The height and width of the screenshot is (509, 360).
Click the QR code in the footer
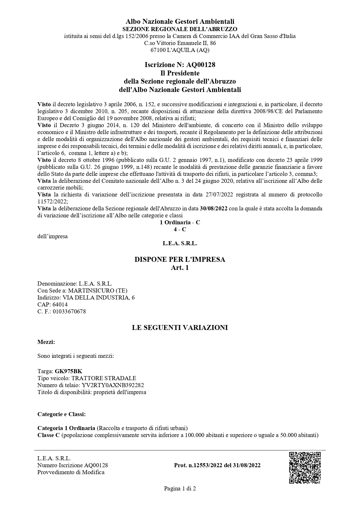305,468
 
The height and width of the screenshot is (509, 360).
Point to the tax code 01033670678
69,311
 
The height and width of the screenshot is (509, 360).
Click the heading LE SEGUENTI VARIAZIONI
180,328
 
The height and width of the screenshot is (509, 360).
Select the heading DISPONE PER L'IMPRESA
180,259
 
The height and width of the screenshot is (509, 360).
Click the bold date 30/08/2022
214,209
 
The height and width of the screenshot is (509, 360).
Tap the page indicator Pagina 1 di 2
180,488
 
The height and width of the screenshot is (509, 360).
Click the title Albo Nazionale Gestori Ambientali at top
180,21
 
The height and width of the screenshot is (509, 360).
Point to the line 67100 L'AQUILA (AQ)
180,50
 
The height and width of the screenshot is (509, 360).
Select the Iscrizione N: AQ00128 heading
180,65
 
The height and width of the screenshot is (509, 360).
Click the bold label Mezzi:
46,342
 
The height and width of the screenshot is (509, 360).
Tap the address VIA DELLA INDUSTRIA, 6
99,297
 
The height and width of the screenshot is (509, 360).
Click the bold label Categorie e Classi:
61,414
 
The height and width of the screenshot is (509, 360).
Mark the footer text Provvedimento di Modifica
71,472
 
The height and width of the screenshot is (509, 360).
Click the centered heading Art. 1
180,268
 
